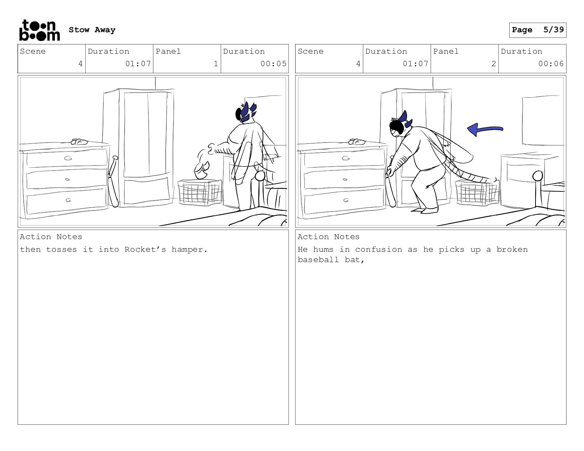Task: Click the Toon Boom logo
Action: point(40,30)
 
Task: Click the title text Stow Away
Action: point(92,30)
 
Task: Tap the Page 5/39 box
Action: point(538,30)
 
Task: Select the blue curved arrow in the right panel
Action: point(485,129)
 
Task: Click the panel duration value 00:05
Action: point(273,64)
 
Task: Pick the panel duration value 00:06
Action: point(551,64)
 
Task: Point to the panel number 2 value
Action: point(493,64)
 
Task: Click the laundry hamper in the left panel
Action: point(200,192)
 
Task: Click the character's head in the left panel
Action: point(245,112)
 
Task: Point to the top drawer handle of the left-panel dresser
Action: point(68,158)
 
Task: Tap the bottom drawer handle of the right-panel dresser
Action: point(346,200)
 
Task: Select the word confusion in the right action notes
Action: point(378,249)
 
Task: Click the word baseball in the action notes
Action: point(318,260)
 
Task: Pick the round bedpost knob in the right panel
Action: point(538,176)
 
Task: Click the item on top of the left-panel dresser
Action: point(79,142)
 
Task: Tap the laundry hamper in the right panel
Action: point(477,192)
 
